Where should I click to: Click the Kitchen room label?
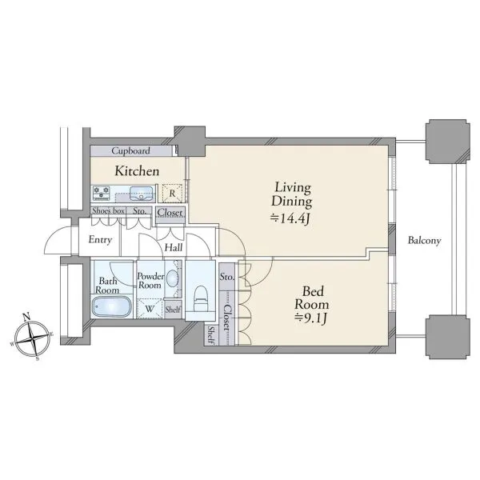(137, 171)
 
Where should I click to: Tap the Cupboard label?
(130, 150)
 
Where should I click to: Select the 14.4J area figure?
(290, 218)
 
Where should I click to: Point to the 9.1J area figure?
(311, 318)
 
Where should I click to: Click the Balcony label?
(424, 241)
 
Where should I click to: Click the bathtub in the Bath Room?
(111, 306)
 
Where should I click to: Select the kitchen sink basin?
(141, 193)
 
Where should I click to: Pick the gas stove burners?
(102, 193)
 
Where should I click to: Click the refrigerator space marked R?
(172, 193)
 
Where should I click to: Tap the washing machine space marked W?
(150, 309)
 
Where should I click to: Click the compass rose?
(32, 338)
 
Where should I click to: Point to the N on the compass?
(27, 317)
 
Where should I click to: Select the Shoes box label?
(108, 210)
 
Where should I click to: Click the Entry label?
(100, 240)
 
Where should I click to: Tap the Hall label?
(174, 247)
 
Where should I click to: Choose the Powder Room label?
(150, 281)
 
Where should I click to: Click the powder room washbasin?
(173, 278)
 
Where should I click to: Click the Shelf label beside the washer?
(173, 310)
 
